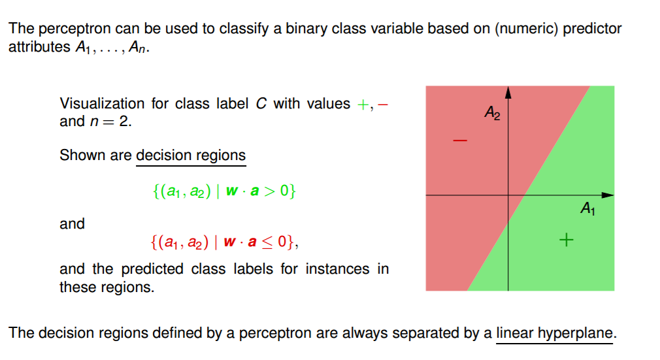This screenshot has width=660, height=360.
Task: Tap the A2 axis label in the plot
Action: point(492,113)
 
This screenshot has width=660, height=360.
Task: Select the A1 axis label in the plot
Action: point(587,209)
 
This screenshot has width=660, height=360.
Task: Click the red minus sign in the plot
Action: point(461,140)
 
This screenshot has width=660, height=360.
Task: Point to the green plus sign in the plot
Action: point(567,240)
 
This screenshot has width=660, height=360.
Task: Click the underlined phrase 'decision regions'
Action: point(191,155)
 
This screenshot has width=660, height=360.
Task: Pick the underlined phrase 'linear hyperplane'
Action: point(555,333)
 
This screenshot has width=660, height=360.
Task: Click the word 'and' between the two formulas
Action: point(72,223)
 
